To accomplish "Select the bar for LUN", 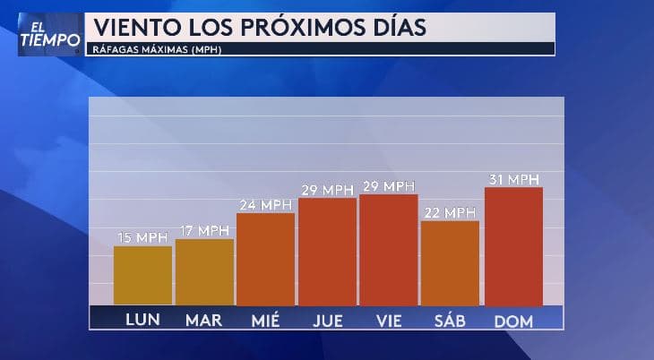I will (142, 275).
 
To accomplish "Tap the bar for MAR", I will (204, 271).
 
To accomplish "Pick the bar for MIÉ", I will (265, 259).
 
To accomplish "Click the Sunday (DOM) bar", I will (513, 245).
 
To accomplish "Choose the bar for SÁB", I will (450, 262).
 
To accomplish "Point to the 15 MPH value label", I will (142, 237).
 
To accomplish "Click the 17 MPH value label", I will (204, 231).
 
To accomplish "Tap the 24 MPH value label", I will (265, 205).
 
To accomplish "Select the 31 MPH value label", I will (513, 179).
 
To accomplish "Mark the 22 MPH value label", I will (450, 212).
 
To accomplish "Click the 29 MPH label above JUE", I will (327, 190).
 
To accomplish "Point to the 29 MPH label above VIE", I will (389, 186).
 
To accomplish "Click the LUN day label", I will (142, 320).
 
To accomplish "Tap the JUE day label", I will (327, 320).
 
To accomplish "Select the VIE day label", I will (389, 320).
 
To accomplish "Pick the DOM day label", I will (513, 320).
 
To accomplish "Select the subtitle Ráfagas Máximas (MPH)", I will (158, 49).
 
